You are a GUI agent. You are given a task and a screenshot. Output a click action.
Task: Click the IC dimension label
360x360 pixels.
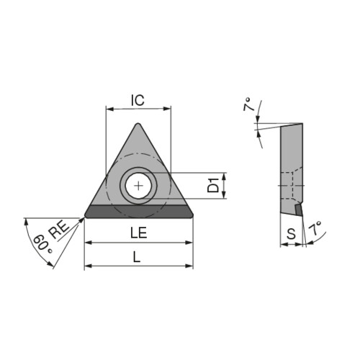click(138, 100)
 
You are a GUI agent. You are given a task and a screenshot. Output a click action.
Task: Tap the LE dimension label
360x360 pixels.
click(139, 233)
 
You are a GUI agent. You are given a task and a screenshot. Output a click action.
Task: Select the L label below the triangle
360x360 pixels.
click(137, 258)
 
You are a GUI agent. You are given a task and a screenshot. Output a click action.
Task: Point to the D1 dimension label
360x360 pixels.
click(213, 185)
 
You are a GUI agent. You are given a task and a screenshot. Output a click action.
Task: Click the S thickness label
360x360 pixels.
click(292, 233)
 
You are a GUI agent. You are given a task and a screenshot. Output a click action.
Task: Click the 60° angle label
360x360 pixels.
click(42, 244)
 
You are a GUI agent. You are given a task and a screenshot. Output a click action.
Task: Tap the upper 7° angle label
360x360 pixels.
click(250, 104)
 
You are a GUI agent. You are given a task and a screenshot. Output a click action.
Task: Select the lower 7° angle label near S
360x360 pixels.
click(315, 228)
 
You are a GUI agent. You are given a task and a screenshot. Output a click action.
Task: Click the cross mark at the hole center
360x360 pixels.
click(138, 186)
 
